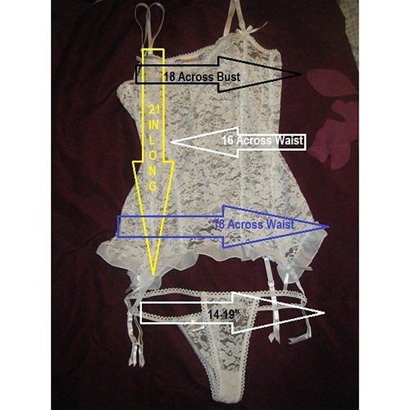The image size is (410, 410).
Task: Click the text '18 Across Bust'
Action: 202,77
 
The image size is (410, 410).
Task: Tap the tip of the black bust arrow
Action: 302,74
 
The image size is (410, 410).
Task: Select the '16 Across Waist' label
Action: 262,140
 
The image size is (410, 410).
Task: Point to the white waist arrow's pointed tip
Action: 171,142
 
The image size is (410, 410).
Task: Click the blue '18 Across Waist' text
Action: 254,225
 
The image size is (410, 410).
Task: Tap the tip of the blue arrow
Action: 329,226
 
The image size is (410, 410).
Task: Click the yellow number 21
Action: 154,110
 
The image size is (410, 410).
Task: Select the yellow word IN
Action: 153,125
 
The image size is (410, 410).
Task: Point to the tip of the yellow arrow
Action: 153,275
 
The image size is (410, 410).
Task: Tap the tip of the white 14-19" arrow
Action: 324,313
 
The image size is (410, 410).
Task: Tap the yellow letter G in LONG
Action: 153,186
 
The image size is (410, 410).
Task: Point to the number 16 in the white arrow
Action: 228,140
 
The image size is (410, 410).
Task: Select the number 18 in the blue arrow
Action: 219,225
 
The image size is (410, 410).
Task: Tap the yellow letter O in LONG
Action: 153,156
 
